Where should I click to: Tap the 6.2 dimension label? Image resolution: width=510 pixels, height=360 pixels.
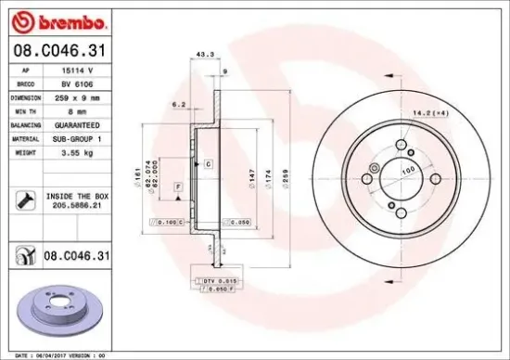point(181,105)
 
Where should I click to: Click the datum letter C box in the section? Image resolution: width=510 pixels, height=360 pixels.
point(209,163)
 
